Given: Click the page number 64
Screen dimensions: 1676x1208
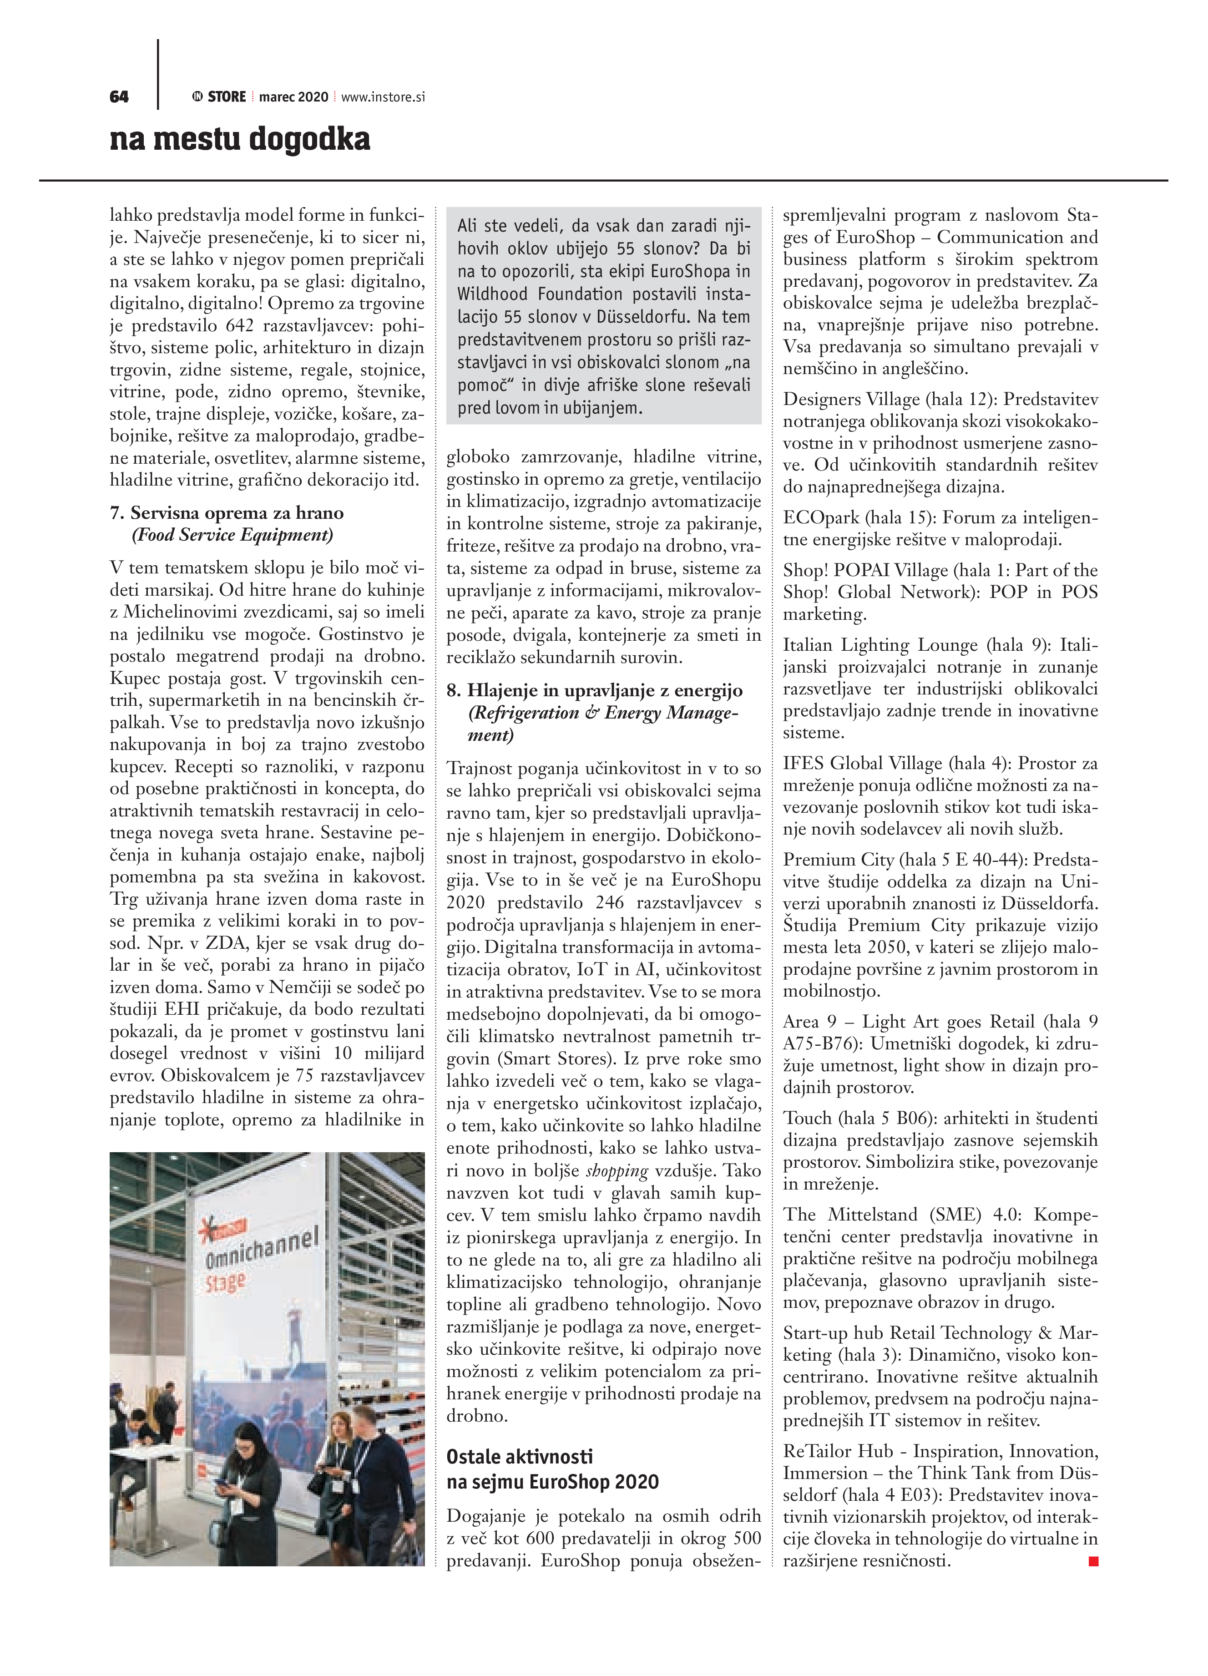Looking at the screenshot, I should point(119,97).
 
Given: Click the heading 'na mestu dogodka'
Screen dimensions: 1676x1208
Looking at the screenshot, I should point(240,139).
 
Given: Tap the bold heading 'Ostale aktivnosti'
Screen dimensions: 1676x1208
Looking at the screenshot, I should point(520,1457).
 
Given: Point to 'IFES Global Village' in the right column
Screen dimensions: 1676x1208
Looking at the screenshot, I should point(862,763).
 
